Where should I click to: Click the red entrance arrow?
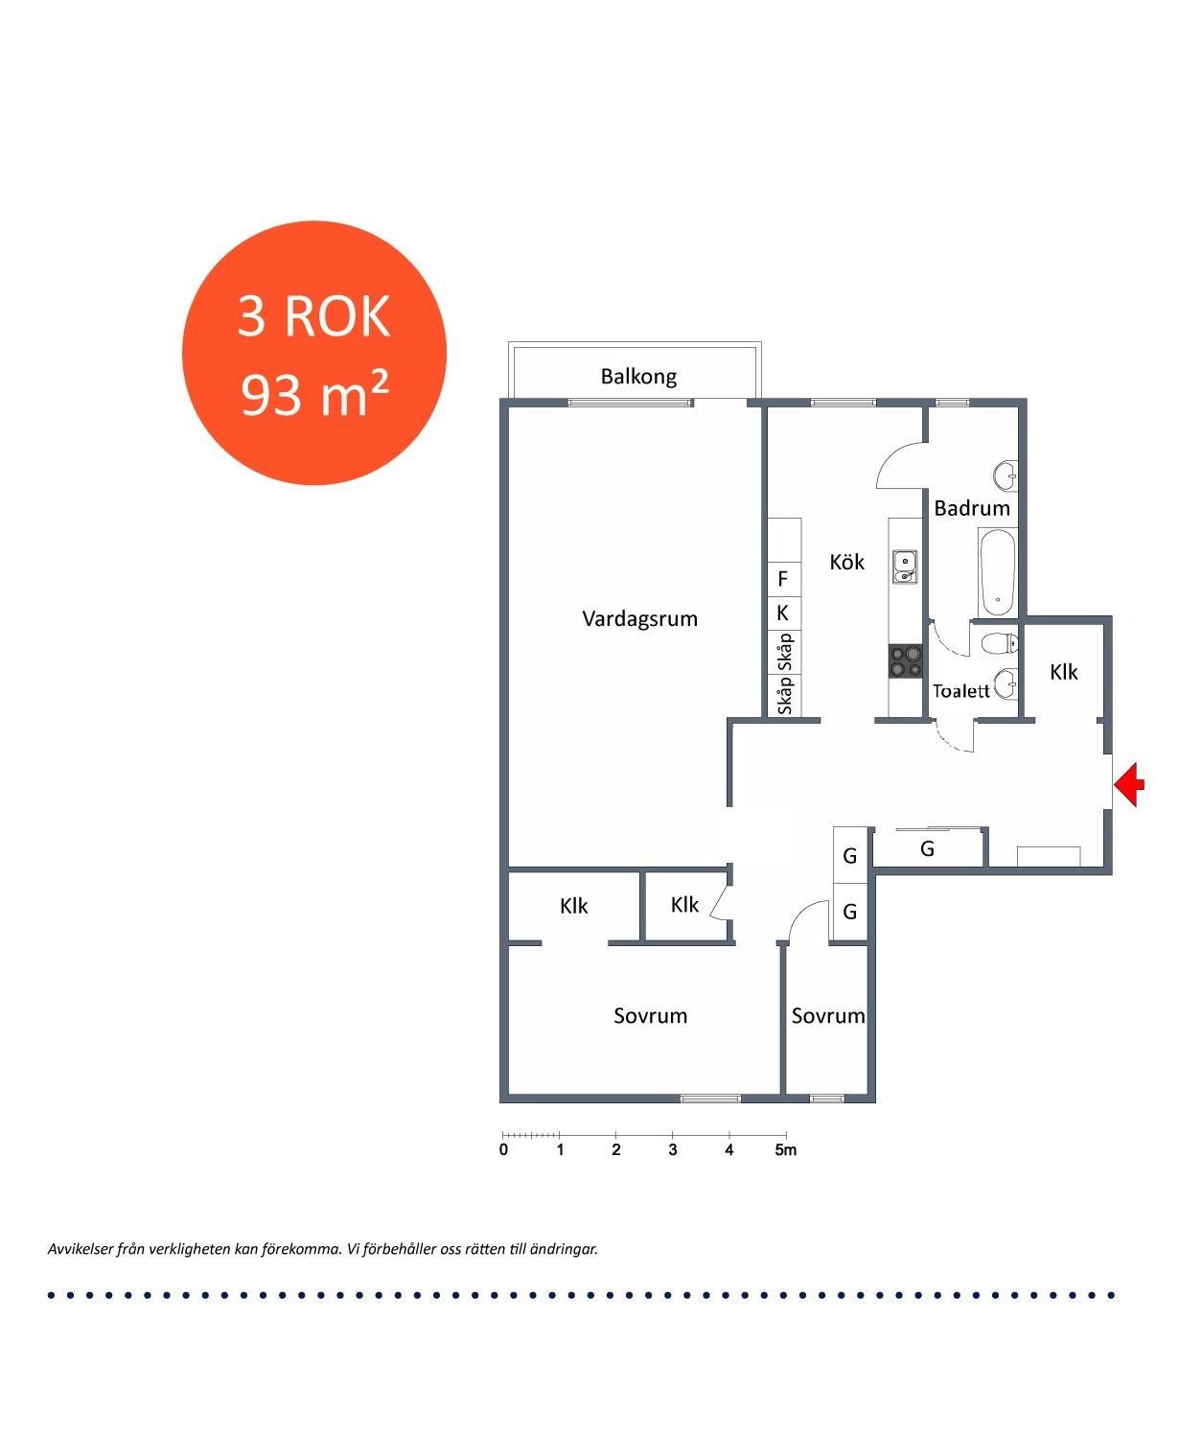click(x=1128, y=784)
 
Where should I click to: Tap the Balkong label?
click(x=638, y=377)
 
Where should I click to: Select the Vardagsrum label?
click(x=639, y=619)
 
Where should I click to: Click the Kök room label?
click(x=846, y=562)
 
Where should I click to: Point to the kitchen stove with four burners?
click(x=906, y=660)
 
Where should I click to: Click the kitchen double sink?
click(x=905, y=567)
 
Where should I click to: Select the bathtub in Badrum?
click(x=997, y=573)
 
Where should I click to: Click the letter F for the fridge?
click(x=782, y=578)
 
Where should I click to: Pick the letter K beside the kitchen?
click(x=782, y=613)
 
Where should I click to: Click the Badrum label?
click(x=972, y=508)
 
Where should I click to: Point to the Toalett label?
click(x=960, y=691)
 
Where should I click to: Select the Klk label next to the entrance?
click(x=1063, y=672)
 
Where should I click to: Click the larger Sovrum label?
click(x=650, y=1016)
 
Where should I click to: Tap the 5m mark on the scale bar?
click(x=786, y=1150)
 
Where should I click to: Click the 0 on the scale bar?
click(x=503, y=1150)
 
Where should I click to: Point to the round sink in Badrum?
click(x=1005, y=475)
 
